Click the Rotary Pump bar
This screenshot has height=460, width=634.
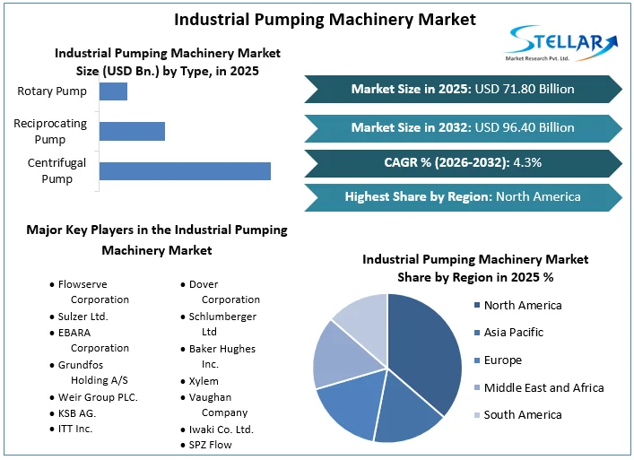(x=113, y=91)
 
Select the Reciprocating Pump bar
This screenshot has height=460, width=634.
(x=132, y=131)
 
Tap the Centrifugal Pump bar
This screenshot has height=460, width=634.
(x=185, y=170)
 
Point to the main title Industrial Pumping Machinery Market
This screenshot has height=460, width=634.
(x=325, y=19)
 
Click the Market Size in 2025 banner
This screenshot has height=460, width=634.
(x=462, y=89)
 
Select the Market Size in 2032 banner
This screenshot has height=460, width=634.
(x=462, y=127)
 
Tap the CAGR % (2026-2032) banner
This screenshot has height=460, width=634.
(x=462, y=162)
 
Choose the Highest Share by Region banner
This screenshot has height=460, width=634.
(x=462, y=196)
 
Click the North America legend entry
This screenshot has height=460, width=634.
(x=522, y=305)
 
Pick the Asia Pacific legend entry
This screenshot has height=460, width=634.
(x=514, y=333)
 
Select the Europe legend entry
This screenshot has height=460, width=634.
(x=502, y=360)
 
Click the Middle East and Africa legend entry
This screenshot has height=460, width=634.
(x=543, y=387)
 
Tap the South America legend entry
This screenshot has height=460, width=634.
(x=522, y=414)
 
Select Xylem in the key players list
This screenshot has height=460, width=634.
(x=203, y=381)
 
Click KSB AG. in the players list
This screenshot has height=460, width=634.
(x=76, y=413)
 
